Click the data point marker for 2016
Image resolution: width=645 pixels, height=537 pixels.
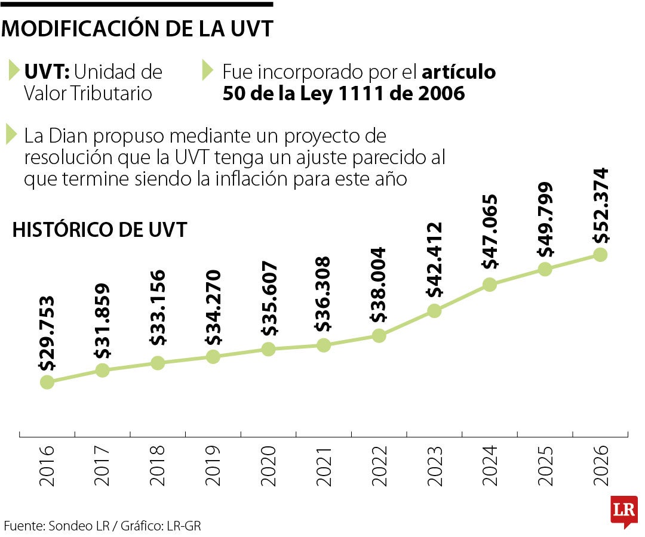click(47, 382)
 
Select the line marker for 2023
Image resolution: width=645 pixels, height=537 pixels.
click(434, 311)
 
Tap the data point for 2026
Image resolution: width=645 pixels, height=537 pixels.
click(600, 255)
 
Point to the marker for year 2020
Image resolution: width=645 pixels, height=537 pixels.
click(268, 349)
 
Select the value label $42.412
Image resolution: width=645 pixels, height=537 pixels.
click(434, 260)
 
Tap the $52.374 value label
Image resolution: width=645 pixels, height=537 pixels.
click(600, 205)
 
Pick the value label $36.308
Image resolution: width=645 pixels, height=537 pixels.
click(323, 295)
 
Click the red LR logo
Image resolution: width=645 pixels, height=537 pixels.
click(623, 510)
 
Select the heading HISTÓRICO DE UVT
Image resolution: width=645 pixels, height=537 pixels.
click(100, 230)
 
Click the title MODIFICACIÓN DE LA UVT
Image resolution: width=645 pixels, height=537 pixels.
click(137, 29)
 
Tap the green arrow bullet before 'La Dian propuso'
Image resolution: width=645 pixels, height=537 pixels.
click(11, 135)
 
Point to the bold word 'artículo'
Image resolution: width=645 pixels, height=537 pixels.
click(459, 72)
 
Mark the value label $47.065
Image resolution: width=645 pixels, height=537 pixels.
click(490, 232)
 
